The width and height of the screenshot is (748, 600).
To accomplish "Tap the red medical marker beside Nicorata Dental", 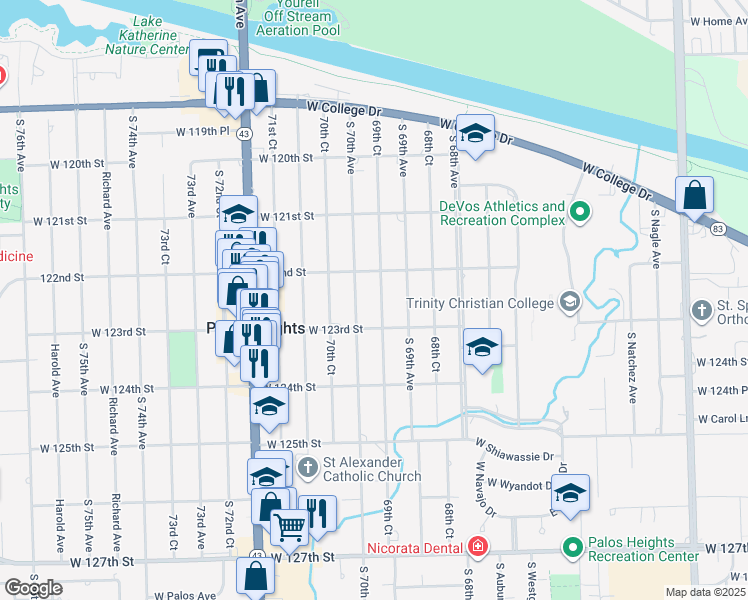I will point(477,547).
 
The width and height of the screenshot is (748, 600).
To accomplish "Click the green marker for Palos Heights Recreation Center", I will point(572,547).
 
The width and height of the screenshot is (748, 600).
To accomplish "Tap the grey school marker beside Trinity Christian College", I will point(569,302).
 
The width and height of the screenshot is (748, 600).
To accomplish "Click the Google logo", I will point(33,587).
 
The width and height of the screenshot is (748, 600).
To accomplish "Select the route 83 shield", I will point(719,229).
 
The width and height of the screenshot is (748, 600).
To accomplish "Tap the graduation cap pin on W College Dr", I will point(476,133).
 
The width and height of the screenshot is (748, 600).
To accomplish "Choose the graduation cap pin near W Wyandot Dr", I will point(570,494).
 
